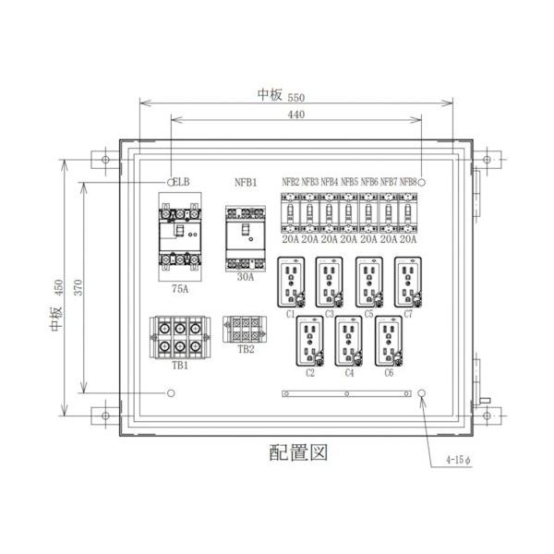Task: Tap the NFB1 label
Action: click(245, 183)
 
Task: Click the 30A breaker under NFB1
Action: click(245, 238)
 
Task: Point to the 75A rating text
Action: click(180, 289)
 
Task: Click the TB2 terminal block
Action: click(245, 330)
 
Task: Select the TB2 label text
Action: click(245, 350)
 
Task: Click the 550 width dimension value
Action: click(295, 96)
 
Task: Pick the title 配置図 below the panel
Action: click(297, 453)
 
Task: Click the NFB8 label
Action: click(407, 183)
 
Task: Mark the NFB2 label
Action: click(291, 183)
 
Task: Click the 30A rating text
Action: click(245, 276)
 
